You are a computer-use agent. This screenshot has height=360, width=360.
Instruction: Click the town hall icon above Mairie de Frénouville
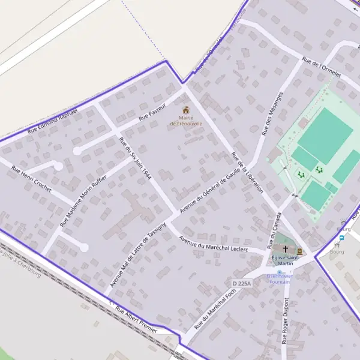point(185,110)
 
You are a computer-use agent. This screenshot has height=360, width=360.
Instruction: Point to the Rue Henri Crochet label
point(32,174)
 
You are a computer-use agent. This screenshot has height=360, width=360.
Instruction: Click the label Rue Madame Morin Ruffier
point(83,200)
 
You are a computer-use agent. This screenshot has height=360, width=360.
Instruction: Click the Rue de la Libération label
point(247,172)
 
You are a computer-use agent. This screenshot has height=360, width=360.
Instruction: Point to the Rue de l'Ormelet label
point(322,67)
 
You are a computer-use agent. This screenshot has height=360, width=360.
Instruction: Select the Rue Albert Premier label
point(136,321)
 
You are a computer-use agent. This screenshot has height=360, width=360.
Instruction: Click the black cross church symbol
point(285,248)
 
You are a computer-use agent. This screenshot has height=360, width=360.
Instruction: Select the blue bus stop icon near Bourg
point(341,236)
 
